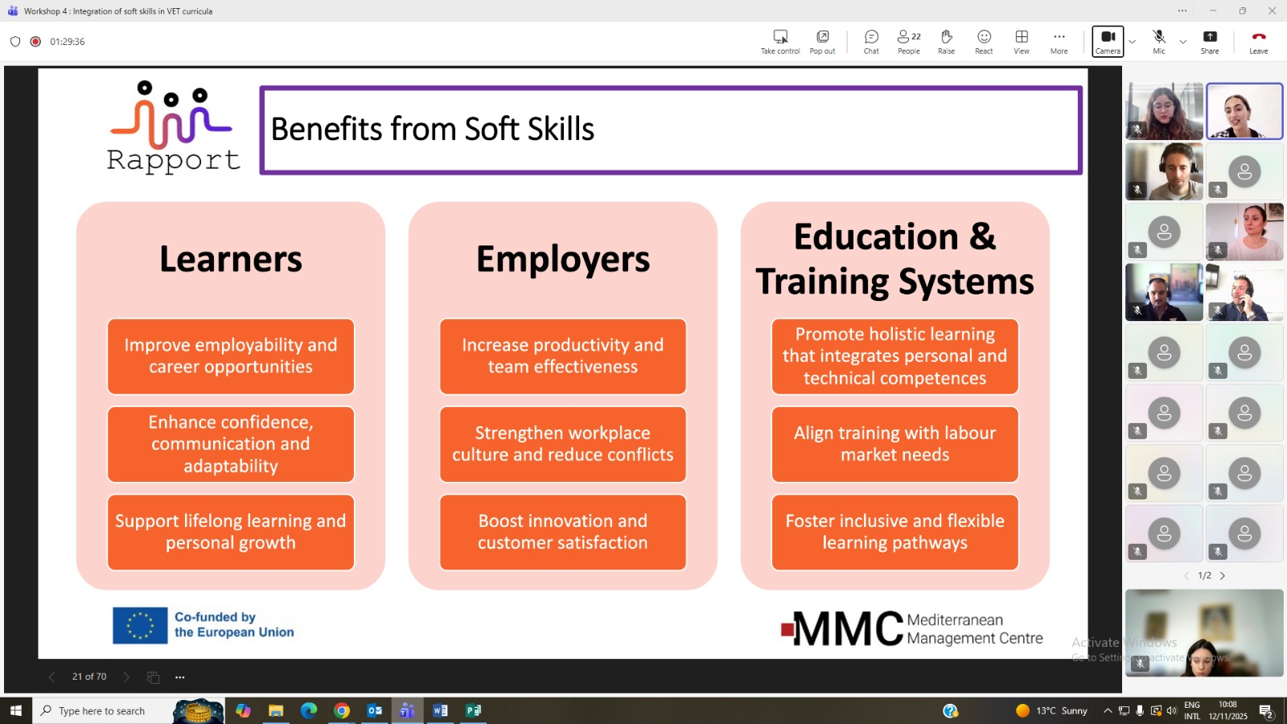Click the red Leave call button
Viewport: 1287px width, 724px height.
tap(1258, 41)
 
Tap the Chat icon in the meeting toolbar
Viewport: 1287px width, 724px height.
tap(871, 41)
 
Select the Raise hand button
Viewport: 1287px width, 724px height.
tap(946, 41)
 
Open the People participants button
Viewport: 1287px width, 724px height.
tap(909, 41)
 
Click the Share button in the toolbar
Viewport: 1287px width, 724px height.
tap(1210, 41)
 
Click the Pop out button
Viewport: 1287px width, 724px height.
tap(822, 41)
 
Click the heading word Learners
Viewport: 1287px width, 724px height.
tap(230, 259)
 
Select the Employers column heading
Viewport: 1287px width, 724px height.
tap(562, 259)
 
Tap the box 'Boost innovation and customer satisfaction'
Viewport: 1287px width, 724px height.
tap(562, 532)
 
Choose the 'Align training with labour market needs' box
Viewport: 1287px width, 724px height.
tap(894, 444)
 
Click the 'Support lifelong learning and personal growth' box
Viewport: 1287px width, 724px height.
tap(230, 532)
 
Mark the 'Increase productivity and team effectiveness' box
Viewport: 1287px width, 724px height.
tap(562, 356)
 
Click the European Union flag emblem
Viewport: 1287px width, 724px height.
tap(140, 625)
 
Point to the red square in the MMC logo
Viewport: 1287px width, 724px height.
tap(787, 630)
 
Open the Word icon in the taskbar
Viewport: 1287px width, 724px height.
tap(440, 711)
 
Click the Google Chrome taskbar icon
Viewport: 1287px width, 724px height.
tap(342, 711)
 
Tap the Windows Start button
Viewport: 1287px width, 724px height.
tap(16, 711)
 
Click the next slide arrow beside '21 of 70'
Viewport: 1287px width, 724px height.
tap(126, 677)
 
